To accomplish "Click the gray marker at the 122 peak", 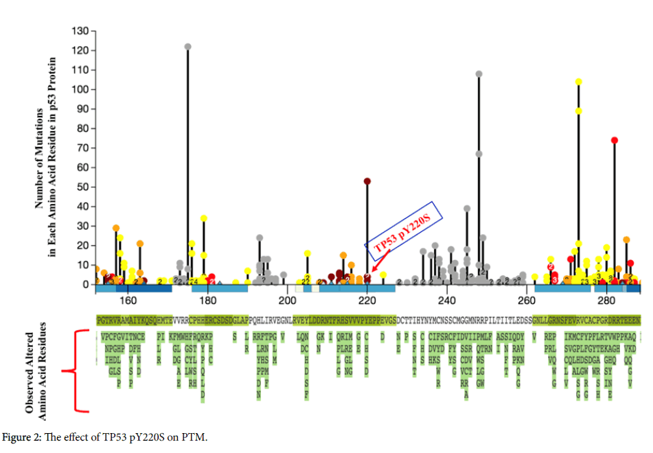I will coord(187,47).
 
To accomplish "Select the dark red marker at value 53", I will coord(367,181).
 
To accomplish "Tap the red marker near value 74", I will coord(615,140).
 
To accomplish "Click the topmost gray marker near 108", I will coord(479,74).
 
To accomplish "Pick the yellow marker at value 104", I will coord(579,82).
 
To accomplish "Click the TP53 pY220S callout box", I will coord(404,231).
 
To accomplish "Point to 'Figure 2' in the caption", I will coord(24,438).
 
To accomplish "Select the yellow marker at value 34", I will coord(204,218).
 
